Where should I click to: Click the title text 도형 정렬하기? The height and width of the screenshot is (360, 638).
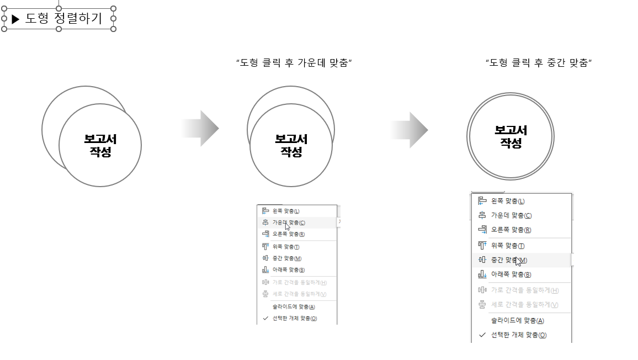(x=64, y=19)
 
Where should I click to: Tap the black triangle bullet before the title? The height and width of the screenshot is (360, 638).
(x=15, y=19)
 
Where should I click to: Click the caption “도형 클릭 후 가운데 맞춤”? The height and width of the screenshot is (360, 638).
(x=294, y=63)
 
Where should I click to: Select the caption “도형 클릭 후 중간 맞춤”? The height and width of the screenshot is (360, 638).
(x=539, y=63)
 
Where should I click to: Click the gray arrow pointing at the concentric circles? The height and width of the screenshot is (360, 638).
(x=410, y=130)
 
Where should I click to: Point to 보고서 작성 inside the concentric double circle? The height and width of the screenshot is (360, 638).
(x=511, y=136)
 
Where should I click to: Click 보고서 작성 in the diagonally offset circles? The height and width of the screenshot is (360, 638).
(x=100, y=145)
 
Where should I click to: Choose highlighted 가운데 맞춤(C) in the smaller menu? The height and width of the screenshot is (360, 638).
(x=288, y=223)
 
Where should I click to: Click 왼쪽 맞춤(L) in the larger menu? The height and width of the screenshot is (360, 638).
(x=508, y=202)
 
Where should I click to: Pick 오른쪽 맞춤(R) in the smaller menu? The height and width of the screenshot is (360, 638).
(x=288, y=234)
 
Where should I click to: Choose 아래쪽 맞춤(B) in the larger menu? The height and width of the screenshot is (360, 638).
(x=511, y=275)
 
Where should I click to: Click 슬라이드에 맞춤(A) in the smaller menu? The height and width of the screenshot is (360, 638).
(x=294, y=307)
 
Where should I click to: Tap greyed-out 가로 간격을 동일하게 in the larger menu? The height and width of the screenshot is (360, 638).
(x=525, y=290)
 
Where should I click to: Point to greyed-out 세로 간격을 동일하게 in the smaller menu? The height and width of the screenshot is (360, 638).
(x=299, y=294)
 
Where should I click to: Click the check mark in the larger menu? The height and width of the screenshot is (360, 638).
(x=482, y=335)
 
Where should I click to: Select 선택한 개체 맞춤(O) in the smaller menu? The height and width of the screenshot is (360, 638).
(x=295, y=319)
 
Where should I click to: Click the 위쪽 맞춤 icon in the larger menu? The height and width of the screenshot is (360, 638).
(x=482, y=245)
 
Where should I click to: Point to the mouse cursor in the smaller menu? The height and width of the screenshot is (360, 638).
(x=288, y=226)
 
